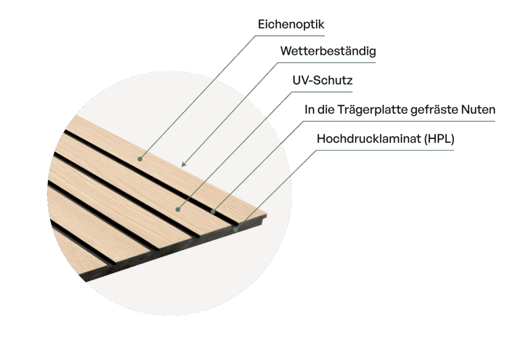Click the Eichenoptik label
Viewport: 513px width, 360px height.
tap(291, 25)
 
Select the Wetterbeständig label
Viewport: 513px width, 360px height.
tap(328, 52)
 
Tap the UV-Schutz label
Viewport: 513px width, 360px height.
tap(323, 81)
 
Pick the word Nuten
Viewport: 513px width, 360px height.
tap(478, 110)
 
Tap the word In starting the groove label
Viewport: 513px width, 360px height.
tap(308, 110)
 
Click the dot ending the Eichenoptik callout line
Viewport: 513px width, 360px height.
tap(140, 159)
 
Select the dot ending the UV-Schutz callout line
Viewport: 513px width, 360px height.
tap(178, 209)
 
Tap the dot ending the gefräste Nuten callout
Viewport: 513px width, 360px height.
tap(213, 212)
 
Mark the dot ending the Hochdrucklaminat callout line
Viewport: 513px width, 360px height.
tap(236, 230)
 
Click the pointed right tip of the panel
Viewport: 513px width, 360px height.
tap(266, 216)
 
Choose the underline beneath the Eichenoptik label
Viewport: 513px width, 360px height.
tap(291, 35)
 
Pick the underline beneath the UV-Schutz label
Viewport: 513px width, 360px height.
tap(323, 92)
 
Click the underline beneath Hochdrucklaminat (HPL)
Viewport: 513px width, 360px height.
tap(386, 150)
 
